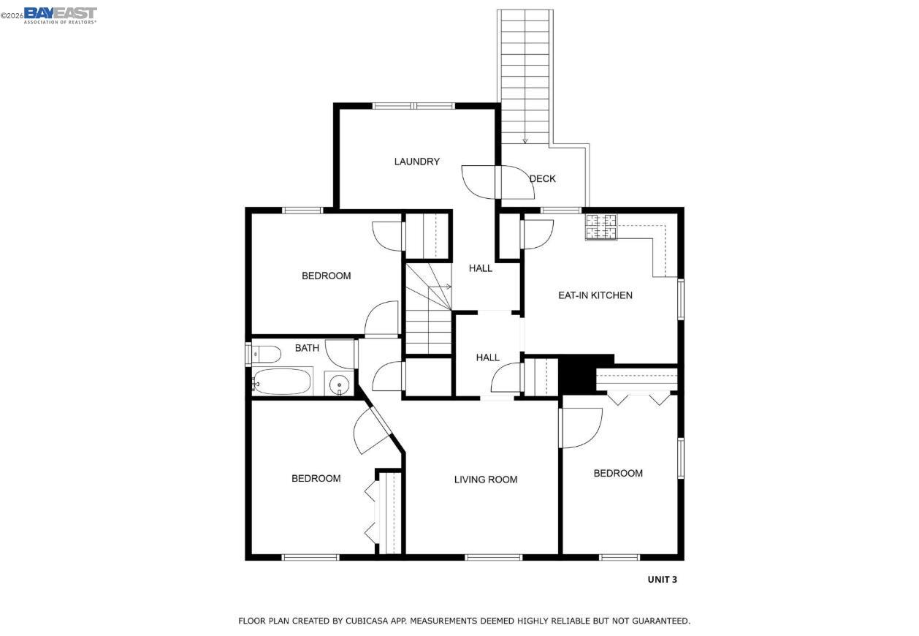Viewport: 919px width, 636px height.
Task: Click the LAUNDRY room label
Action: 416,162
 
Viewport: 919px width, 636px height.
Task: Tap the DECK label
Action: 542,178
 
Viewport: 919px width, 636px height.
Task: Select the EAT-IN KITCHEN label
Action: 595,295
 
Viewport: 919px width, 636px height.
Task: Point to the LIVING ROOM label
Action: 485,480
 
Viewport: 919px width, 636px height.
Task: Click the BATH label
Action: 307,348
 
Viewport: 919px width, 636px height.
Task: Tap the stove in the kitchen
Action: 600,227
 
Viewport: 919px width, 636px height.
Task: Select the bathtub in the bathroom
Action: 282,382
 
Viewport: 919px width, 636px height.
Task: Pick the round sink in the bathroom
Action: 338,385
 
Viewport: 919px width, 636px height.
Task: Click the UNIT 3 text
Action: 662,580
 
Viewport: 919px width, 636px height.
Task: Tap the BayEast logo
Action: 60,15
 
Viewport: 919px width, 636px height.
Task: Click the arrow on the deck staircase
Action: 525,140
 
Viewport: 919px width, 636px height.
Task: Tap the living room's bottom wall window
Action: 494,557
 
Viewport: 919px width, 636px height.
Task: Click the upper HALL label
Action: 481,268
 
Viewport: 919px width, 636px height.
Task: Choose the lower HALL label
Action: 487,357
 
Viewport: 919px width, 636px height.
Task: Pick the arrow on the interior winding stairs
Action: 447,287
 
